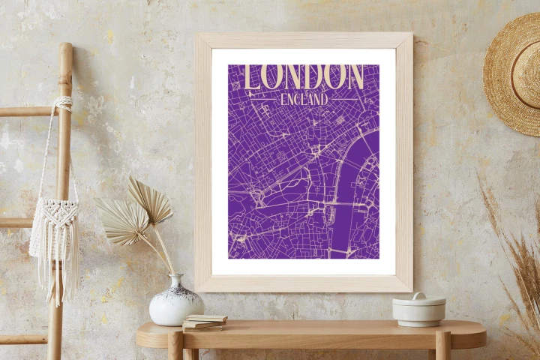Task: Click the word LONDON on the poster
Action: (x=304, y=76)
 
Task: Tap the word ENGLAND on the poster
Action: (x=304, y=98)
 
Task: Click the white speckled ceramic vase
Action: (x=176, y=304)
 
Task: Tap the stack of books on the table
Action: (x=204, y=322)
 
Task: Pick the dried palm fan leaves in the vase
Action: (x=139, y=210)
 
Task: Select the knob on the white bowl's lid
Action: (x=418, y=296)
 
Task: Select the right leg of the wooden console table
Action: (x=442, y=346)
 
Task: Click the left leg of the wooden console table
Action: (x=175, y=346)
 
